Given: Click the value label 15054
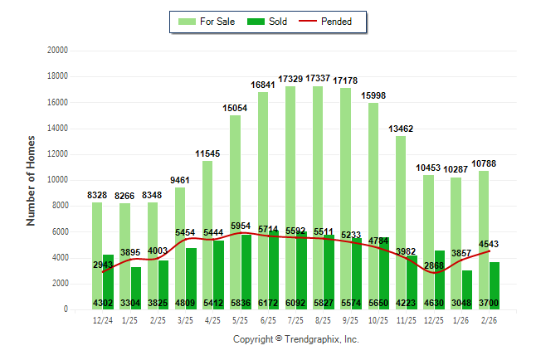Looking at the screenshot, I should point(236,108).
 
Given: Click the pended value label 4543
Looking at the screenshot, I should point(490,244).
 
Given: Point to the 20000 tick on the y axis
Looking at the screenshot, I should point(57,51).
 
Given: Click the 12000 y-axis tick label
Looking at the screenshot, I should point(57,154).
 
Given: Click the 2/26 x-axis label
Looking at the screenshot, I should point(490,320).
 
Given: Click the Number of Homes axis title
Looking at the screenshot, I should point(31,180).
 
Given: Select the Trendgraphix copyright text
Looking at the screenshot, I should point(296,339).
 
